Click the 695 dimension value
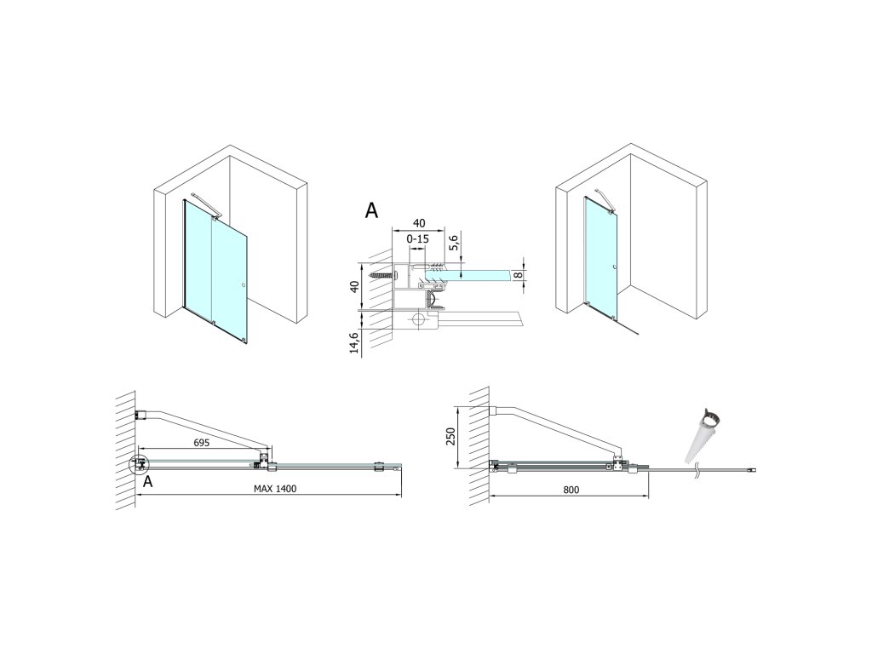(x=202, y=443)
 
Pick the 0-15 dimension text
(x=418, y=239)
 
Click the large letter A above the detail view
(x=371, y=211)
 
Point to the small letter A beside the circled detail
(x=148, y=482)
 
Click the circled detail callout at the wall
(x=136, y=464)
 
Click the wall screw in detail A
(x=380, y=275)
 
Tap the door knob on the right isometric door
(x=614, y=272)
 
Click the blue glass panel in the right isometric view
(x=601, y=255)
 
